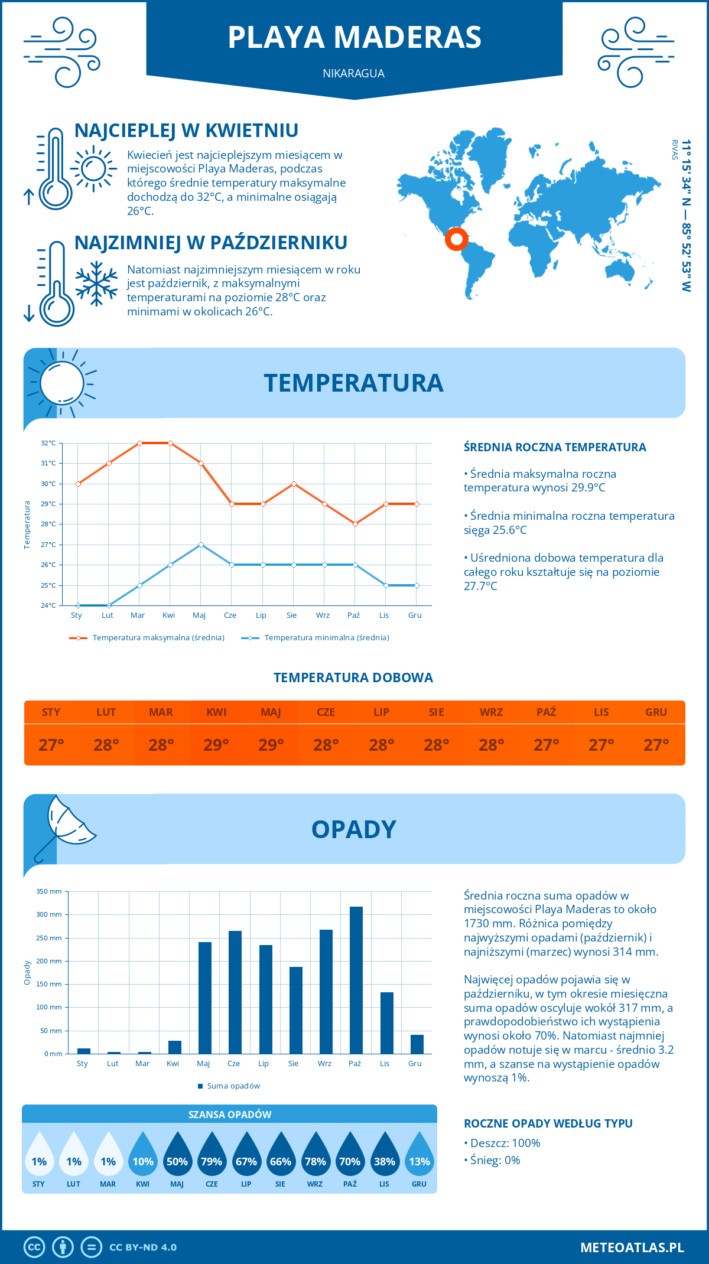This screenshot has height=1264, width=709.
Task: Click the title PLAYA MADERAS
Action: click(354, 37)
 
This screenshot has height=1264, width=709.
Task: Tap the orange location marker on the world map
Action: click(456, 239)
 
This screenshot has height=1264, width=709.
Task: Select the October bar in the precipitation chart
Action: click(356, 980)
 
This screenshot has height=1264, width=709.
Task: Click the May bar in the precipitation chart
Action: click(204, 998)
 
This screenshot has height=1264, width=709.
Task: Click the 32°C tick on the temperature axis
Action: click(48, 443)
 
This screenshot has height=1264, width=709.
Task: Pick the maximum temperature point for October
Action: click(355, 524)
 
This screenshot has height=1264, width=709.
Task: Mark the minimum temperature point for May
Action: click(201, 545)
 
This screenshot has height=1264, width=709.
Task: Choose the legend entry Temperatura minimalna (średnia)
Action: click(326, 638)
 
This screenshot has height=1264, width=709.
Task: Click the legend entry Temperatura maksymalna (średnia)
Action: click(158, 638)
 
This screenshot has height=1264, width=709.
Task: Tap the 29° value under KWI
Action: click(216, 745)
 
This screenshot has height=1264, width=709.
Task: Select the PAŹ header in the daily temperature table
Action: click(546, 712)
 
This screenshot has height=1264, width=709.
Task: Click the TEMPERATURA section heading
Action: click(353, 383)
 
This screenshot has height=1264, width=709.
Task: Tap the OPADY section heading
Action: click(353, 829)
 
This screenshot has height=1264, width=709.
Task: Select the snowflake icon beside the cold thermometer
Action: click(96, 284)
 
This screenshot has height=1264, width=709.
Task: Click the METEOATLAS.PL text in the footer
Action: click(632, 1247)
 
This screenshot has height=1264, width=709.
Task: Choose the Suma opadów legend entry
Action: click(233, 1086)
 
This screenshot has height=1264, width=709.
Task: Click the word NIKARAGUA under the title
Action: click(353, 73)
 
